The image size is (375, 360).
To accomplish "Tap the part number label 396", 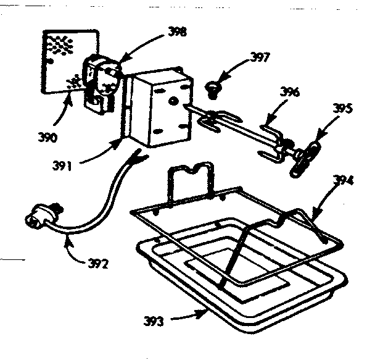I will point(289,93).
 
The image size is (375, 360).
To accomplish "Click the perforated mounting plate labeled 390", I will point(62,59).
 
